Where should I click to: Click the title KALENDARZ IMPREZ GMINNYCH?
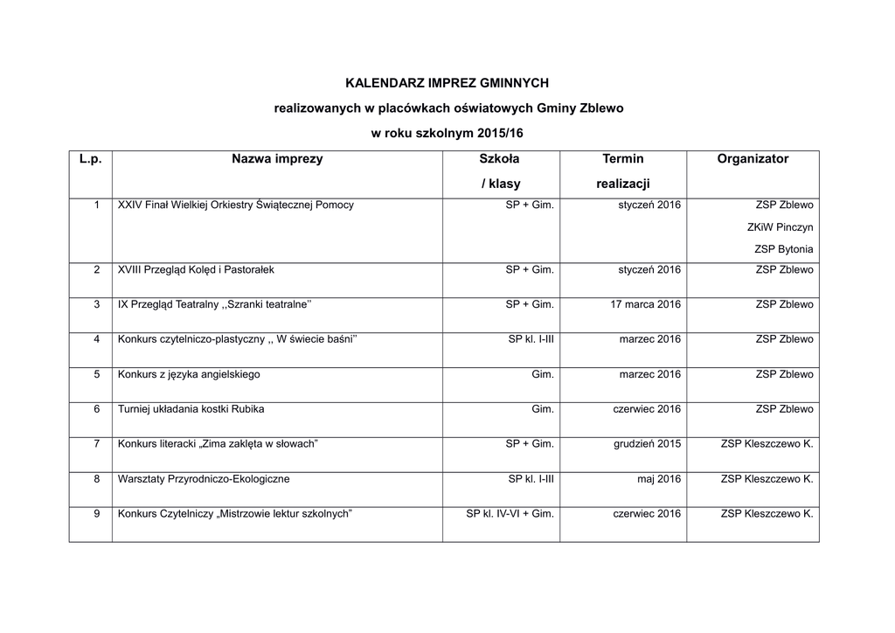click(447, 84)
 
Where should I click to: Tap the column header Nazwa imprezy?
click(277, 159)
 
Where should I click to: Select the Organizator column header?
click(753, 159)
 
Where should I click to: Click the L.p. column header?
click(90, 159)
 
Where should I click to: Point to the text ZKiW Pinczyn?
click(780, 227)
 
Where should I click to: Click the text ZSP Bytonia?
click(783, 249)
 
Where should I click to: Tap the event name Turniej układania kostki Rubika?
click(191, 409)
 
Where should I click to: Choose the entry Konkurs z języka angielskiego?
click(189, 374)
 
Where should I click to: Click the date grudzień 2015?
click(647, 444)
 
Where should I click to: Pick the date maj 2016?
click(659, 479)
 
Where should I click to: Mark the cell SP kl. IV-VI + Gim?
click(510, 514)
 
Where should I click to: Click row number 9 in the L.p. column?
click(97, 514)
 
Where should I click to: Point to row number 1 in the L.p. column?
click(96, 205)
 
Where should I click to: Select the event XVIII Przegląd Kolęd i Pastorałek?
click(196, 270)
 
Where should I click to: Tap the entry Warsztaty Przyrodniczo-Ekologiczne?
click(204, 479)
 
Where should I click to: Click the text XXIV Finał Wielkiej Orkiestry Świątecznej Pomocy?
click(236, 205)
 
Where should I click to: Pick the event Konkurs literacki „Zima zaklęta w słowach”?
click(218, 444)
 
